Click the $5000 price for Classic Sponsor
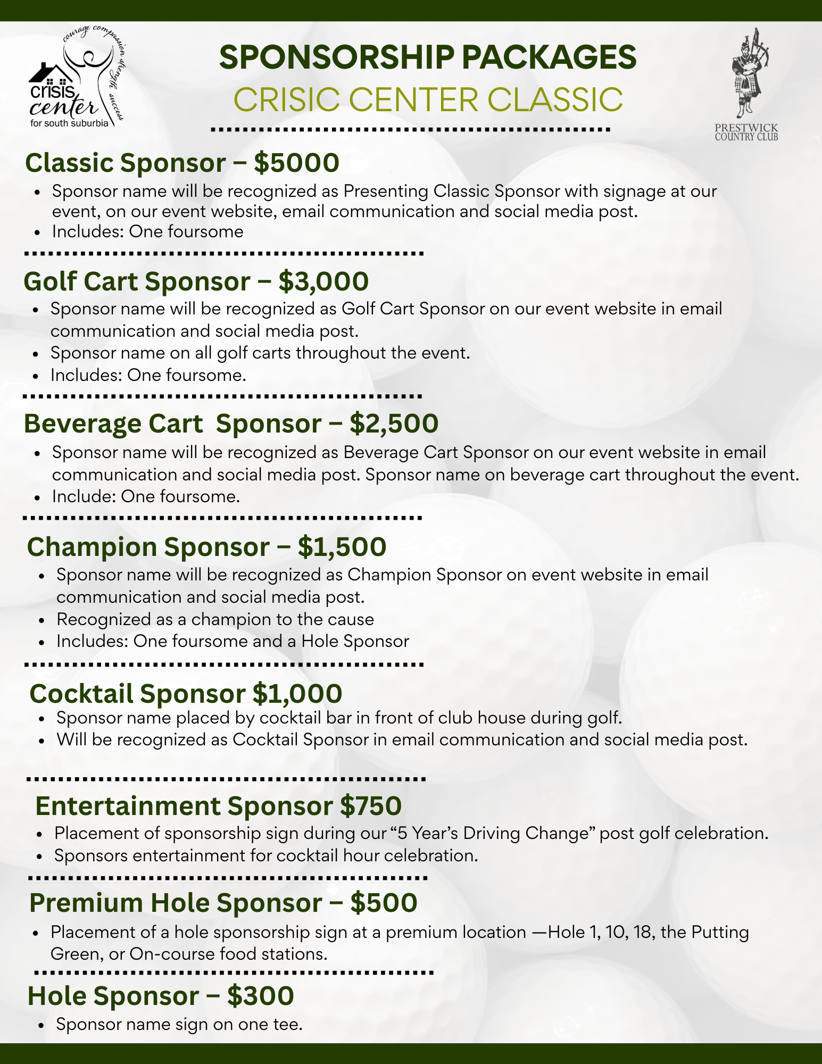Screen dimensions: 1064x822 point(296,162)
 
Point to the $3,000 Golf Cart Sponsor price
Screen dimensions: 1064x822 point(323,281)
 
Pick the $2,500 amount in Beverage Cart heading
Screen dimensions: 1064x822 point(394,423)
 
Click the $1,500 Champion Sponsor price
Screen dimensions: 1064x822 point(342,547)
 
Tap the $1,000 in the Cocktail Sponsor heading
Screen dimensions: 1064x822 point(297,693)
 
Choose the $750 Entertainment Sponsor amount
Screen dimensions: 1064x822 point(371,805)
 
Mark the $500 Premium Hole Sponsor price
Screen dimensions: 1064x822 point(384,903)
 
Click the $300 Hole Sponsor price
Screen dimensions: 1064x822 point(260,995)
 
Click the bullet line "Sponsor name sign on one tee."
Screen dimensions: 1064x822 point(179,1024)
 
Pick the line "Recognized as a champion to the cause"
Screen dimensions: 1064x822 point(215,619)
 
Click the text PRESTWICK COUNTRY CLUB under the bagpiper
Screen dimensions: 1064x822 point(746,132)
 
